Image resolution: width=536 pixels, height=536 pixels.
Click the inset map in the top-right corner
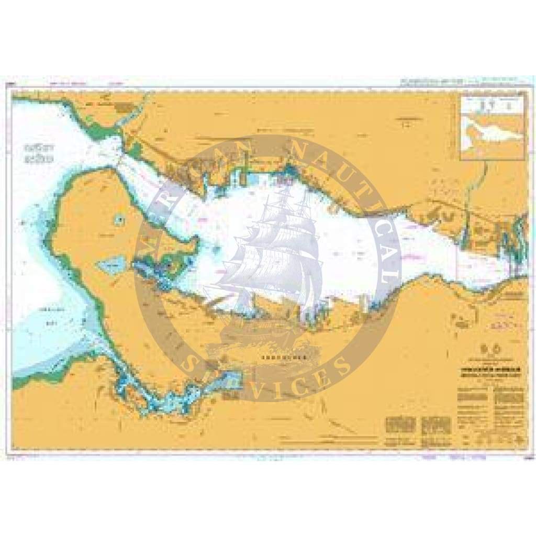[x=492, y=127]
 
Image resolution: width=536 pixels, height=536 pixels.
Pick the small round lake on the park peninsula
[x=120, y=220]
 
